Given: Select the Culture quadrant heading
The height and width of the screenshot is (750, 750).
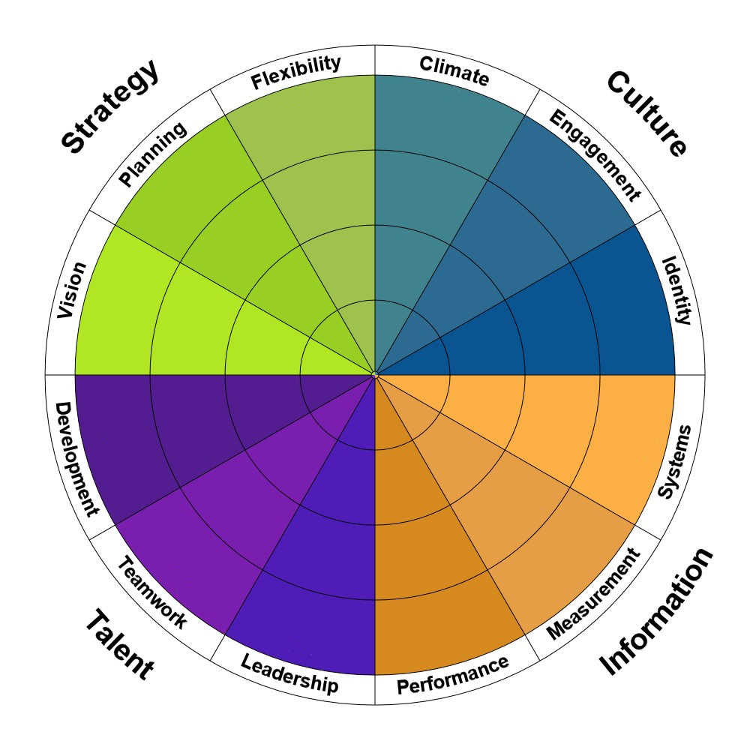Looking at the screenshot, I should [646, 113].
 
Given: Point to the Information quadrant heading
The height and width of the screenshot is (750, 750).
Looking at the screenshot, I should [655, 611].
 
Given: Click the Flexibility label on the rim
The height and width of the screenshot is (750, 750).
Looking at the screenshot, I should [295, 73].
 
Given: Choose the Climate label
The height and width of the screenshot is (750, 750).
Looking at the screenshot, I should [454, 70].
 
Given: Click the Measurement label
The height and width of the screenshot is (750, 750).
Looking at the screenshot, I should [594, 594].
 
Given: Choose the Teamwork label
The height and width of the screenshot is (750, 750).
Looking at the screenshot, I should [152, 593].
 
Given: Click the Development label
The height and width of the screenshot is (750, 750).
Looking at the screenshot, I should [77, 459].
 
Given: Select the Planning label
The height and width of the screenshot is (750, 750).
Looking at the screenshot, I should [152, 155].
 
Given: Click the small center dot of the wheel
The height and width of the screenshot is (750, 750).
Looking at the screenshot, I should [375, 374].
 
